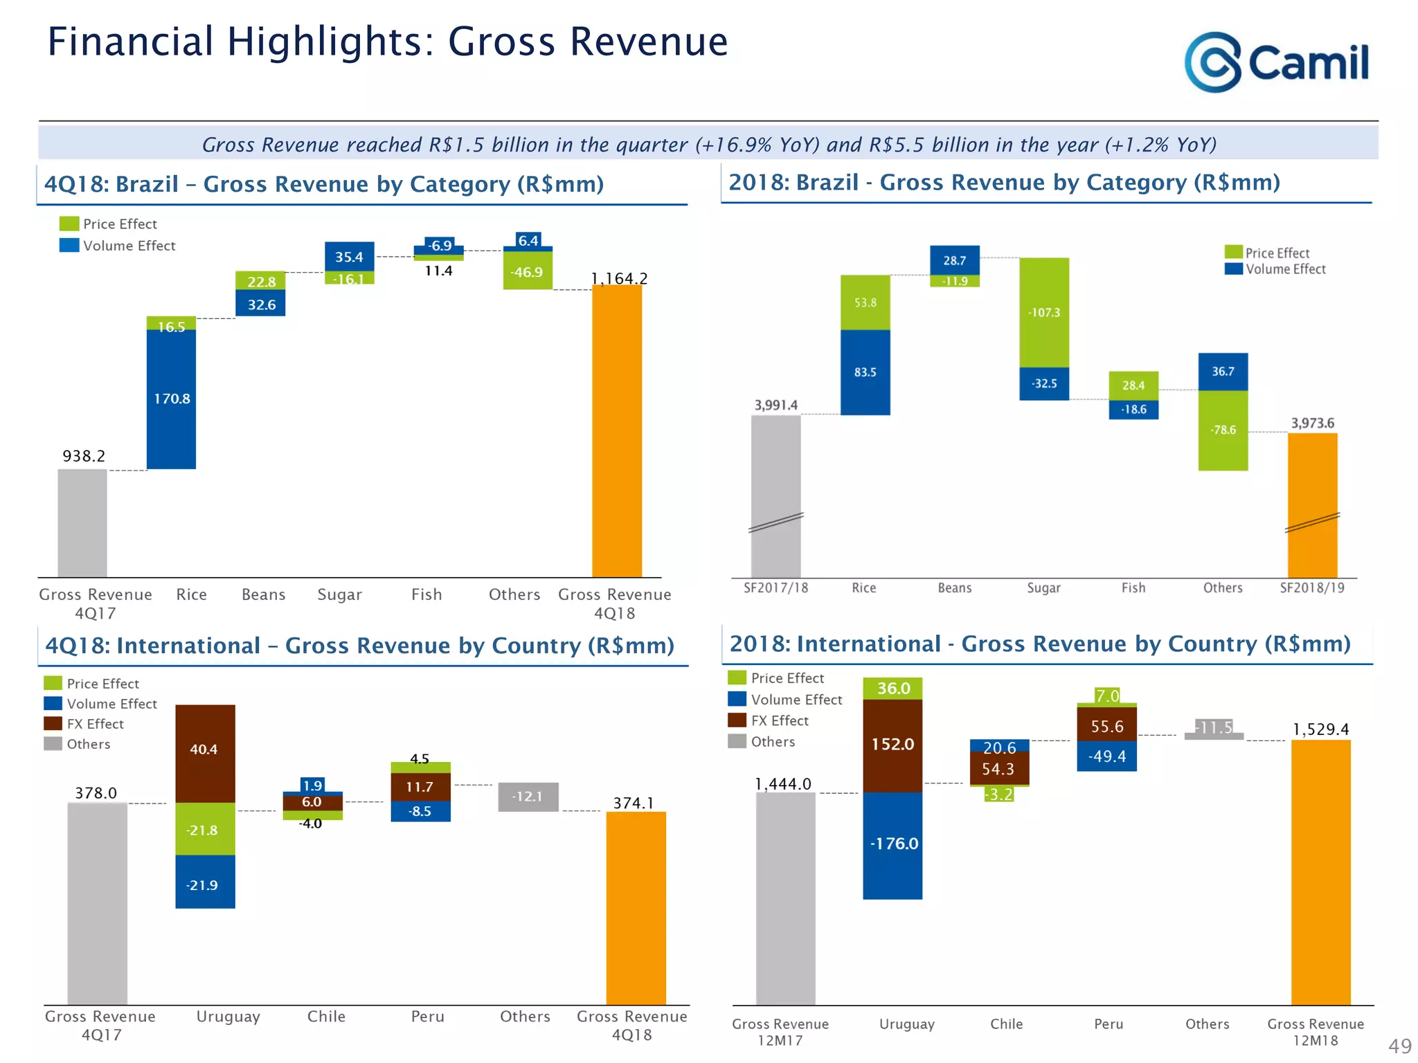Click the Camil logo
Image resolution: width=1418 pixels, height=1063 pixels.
point(1275,62)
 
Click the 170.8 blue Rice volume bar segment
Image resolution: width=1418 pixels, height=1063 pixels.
point(171,399)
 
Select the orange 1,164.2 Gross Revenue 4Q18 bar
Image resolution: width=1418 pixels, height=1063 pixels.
point(616,430)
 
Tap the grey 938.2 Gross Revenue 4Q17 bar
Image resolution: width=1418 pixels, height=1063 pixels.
point(82,523)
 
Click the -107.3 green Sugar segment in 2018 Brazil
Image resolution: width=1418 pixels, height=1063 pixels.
point(1043,312)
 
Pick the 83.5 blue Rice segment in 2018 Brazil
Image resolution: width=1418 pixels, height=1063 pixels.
point(865,372)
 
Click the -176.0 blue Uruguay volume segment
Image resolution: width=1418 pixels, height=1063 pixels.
point(892,844)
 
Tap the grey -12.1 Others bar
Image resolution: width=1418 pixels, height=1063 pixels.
point(528,797)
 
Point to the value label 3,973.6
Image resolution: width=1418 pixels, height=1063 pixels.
point(1312,423)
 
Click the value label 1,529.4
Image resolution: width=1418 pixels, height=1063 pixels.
point(1320,729)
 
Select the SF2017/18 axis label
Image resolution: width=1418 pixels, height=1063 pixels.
point(775,588)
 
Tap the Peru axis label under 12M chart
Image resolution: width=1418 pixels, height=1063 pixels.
point(1108,1024)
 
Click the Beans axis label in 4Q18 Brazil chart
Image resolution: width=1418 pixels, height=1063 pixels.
point(263,594)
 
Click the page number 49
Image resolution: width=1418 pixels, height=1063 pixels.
point(1399,1046)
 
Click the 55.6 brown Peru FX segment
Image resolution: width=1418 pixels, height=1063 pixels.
point(1106,725)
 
